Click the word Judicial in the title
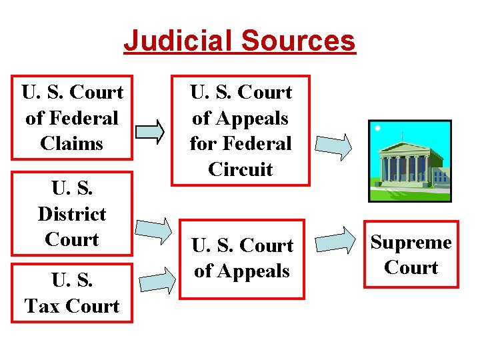point(178,40)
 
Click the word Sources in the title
point(298,40)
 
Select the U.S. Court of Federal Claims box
point(72,117)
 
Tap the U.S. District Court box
point(72,213)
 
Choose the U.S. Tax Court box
point(72,293)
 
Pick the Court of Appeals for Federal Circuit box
point(241,131)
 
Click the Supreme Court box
point(411,255)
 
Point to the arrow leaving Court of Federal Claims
point(151,131)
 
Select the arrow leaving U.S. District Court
point(154,229)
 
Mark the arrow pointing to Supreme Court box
point(336,241)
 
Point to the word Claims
point(72,143)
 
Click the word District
point(72,214)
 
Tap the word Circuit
point(241,169)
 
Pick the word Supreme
point(411,243)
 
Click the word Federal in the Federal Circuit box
point(257,143)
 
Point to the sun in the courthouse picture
point(378,127)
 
